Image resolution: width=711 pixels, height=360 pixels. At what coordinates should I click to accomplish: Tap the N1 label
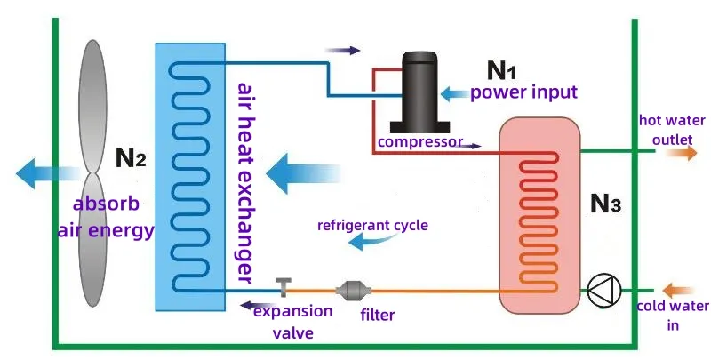coord(503,70)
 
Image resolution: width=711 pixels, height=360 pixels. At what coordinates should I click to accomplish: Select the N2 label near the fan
coord(131,160)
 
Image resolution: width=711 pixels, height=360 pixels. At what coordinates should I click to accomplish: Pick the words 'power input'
coord(523,92)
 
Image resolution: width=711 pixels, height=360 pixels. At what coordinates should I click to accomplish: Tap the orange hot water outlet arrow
coord(683,152)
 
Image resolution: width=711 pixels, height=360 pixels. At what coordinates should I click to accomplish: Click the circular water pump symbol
coord(605,288)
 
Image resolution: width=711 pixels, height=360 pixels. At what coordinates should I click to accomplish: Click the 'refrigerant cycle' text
coord(372,226)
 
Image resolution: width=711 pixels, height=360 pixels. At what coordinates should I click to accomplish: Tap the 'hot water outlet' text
coord(672,130)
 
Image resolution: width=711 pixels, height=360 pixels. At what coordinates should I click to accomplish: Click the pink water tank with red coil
coord(538,213)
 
